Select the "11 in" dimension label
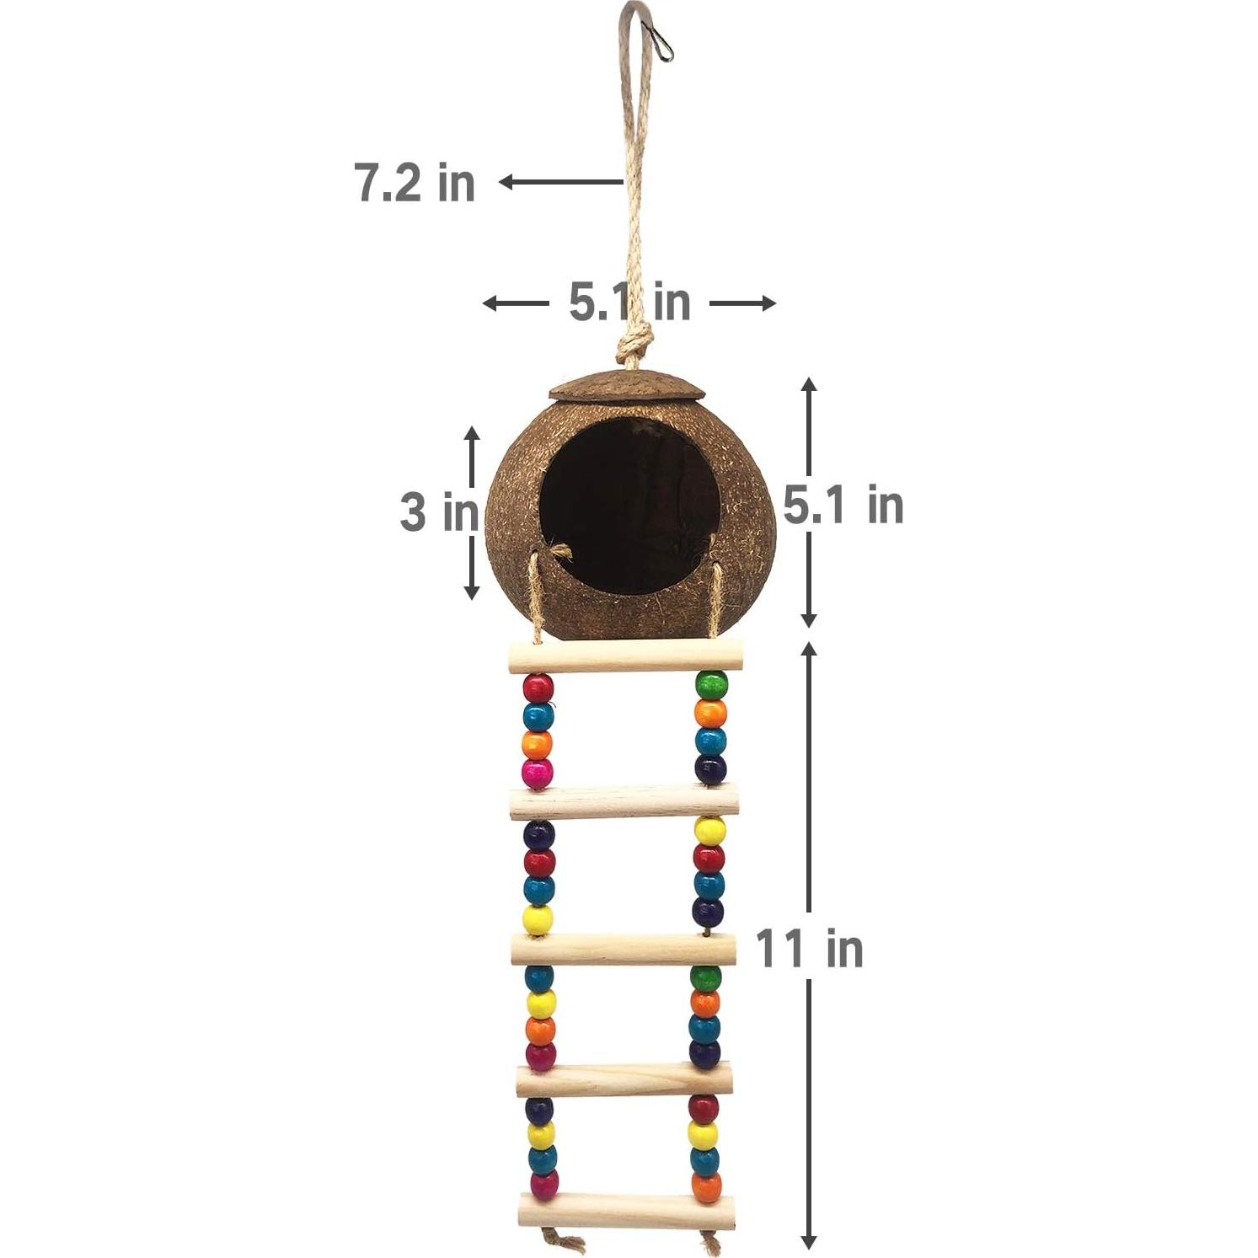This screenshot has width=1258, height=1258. tap(810, 947)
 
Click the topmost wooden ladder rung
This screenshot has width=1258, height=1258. tap(627, 656)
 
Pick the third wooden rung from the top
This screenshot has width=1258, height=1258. tap(624, 950)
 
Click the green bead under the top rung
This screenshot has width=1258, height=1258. tap(711, 684)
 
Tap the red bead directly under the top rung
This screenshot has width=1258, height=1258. tap(538, 688)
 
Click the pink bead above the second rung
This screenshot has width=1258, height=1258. tap(538, 773)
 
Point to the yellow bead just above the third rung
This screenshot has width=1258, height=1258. tap(538, 918)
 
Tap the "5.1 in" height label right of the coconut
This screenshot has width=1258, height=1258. tap(843, 506)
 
